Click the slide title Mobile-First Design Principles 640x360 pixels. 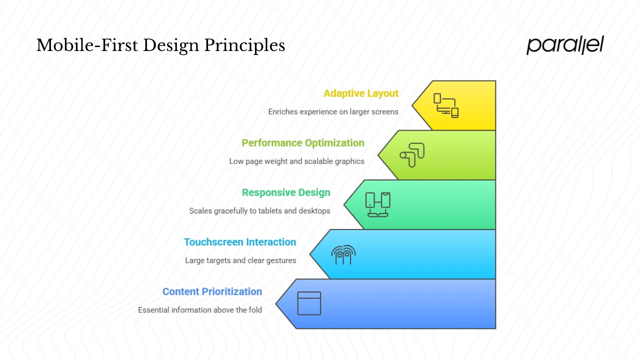[160, 45]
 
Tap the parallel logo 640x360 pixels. [565, 45]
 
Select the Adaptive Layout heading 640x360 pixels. [360, 93]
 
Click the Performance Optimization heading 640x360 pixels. [302, 143]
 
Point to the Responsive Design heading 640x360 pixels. [286, 192]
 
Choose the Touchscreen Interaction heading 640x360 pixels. [240, 242]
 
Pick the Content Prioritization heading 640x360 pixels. [212, 291]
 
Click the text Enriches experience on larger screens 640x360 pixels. [333, 111]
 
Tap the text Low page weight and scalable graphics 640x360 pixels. [296, 161]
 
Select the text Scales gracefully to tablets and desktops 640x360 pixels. [259, 210]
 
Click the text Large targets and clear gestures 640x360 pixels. [240, 260]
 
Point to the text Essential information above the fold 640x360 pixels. [200, 310]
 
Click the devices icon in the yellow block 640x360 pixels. [446, 105]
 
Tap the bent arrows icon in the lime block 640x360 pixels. [412, 155]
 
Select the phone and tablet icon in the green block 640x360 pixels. [378, 204]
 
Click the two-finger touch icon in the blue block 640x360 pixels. [343, 254]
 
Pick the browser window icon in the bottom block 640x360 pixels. [309, 303]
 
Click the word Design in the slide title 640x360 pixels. [171, 45]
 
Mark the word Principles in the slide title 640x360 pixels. [244, 45]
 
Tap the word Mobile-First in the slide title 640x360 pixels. [87, 45]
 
